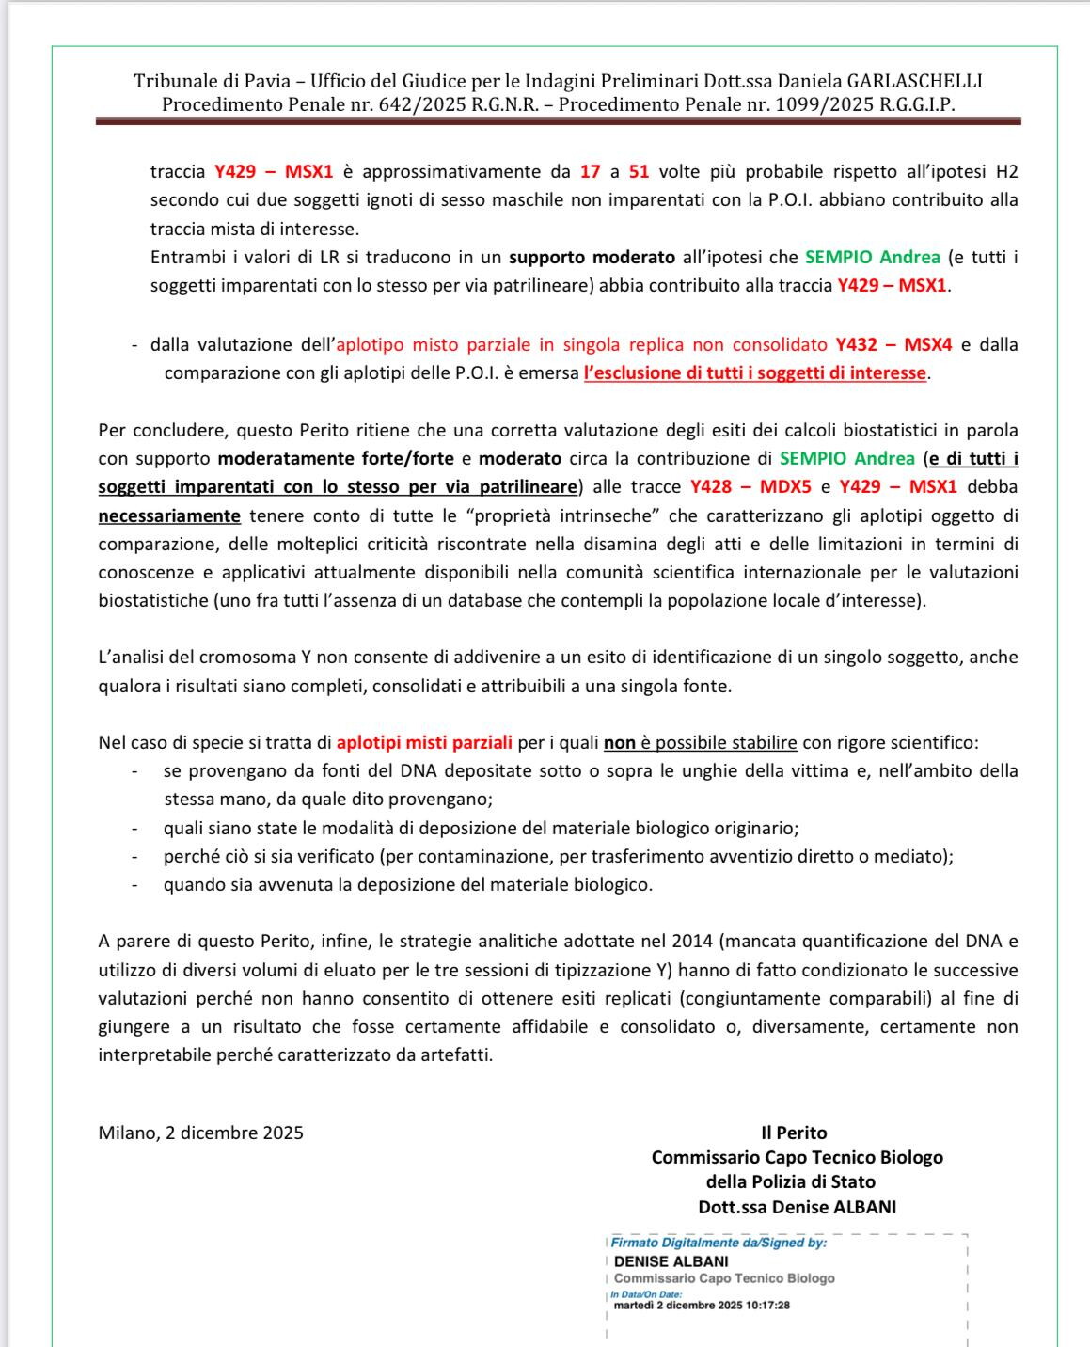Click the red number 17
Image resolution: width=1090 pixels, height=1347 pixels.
coord(590,171)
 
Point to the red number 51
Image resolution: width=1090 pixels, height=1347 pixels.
coord(639,171)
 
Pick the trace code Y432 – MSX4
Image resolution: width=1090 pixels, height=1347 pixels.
coord(893,344)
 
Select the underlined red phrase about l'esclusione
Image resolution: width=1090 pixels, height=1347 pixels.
coord(754,372)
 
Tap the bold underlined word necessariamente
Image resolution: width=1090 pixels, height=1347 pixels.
coord(169,515)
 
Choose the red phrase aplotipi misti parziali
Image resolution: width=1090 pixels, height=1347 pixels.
coord(424,742)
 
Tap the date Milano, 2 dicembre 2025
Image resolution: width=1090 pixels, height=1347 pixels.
coord(200,1133)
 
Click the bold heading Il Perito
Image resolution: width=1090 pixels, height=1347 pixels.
coord(794,1133)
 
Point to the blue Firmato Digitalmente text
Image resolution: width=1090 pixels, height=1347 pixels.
coord(719,1243)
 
